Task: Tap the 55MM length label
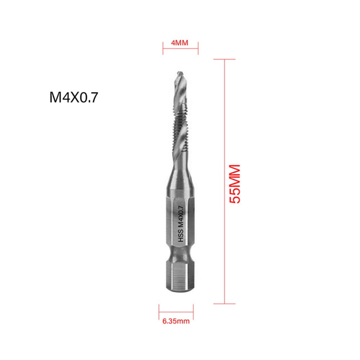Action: [235, 184]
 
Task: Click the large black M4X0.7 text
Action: [74, 98]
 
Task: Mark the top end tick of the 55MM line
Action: [224, 59]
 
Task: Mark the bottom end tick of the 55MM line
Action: [224, 304]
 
